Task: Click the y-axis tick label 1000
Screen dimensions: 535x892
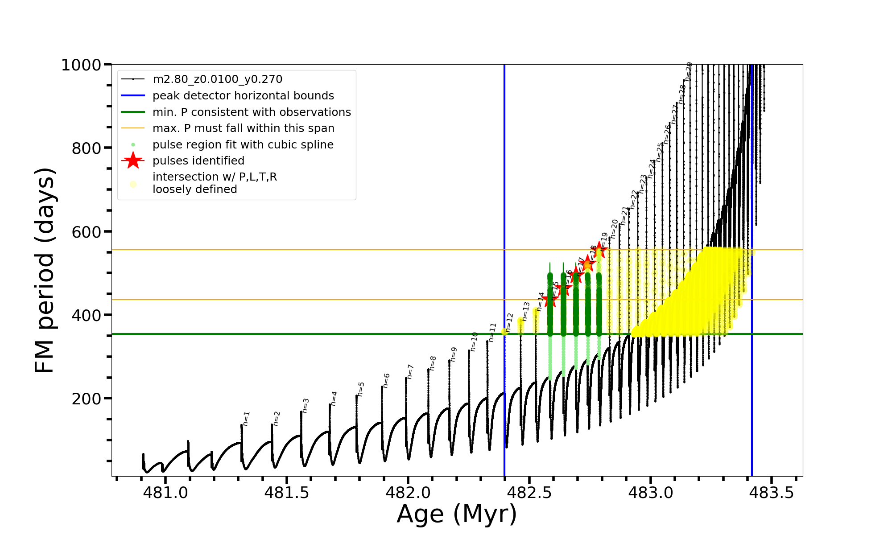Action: [x=81, y=65]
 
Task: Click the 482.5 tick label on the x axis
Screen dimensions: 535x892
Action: [x=529, y=493]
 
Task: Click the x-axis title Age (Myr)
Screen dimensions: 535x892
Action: [x=457, y=514]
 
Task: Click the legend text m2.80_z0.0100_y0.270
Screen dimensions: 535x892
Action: [x=217, y=79]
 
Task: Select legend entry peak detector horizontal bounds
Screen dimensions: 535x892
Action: [x=243, y=96]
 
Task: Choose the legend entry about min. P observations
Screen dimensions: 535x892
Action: [x=252, y=112]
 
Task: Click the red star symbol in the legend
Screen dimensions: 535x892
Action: [x=133, y=160]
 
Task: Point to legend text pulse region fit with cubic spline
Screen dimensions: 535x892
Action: [x=243, y=145]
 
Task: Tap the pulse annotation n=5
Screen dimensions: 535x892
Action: [x=361, y=389]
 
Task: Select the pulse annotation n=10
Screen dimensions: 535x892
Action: [x=474, y=341]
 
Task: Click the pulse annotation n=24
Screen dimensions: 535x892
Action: [x=652, y=169]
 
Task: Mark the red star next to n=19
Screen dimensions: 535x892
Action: [x=600, y=250]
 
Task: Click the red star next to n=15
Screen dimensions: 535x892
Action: [x=550, y=300]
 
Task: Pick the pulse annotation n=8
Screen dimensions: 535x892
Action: [x=433, y=363]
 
